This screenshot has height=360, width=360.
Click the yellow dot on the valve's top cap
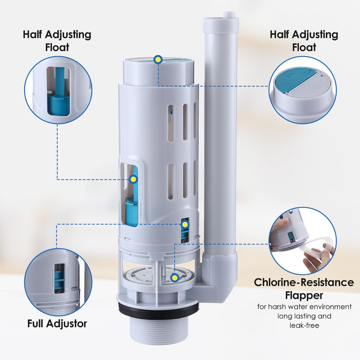(x=157, y=59)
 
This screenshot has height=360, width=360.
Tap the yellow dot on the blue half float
(x=133, y=180)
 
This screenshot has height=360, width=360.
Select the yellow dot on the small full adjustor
(x=184, y=224)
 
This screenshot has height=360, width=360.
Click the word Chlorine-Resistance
(x=304, y=283)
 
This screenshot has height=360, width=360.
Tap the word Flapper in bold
(x=304, y=296)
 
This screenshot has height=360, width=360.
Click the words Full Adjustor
(x=57, y=323)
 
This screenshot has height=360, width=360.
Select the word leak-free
(x=304, y=325)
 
